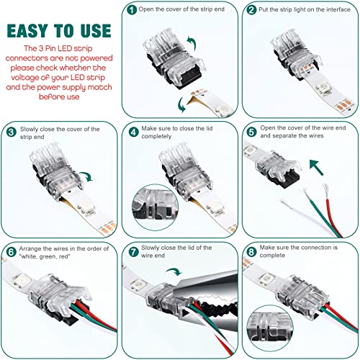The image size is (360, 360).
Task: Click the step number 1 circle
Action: [130, 11]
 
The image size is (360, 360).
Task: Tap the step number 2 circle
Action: [251, 11]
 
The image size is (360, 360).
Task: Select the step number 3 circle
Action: [12, 132]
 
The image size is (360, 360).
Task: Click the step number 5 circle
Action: [251, 132]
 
